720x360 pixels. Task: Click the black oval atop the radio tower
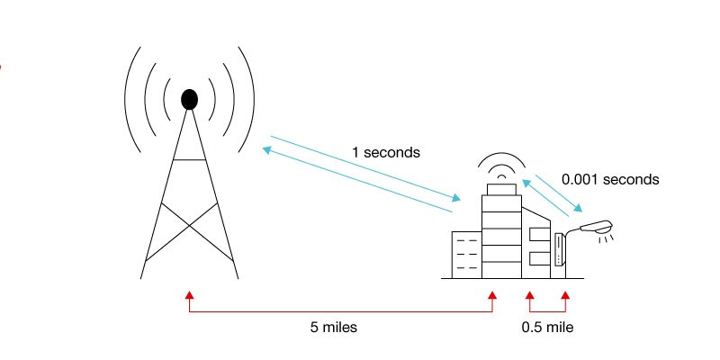(189, 99)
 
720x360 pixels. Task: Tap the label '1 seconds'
(386, 152)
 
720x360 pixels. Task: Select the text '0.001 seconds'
(610, 179)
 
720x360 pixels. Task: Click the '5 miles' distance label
(333, 328)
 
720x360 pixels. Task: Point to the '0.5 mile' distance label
(547, 328)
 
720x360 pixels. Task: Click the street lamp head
(596, 227)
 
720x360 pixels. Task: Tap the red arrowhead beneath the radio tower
(189, 295)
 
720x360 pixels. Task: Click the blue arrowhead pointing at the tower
(266, 149)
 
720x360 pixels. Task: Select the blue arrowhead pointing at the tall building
(455, 198)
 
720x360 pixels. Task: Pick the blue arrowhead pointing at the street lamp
(578, 208)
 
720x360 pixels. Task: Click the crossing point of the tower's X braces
(189, 226)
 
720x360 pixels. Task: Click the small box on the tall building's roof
(501, 189)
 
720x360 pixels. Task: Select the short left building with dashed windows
(466, 255)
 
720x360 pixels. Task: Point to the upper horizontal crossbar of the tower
(189, 159)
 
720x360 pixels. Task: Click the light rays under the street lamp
(606, 238)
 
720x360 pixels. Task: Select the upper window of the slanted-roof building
(539, 235)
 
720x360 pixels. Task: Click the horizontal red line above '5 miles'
(341, 311)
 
